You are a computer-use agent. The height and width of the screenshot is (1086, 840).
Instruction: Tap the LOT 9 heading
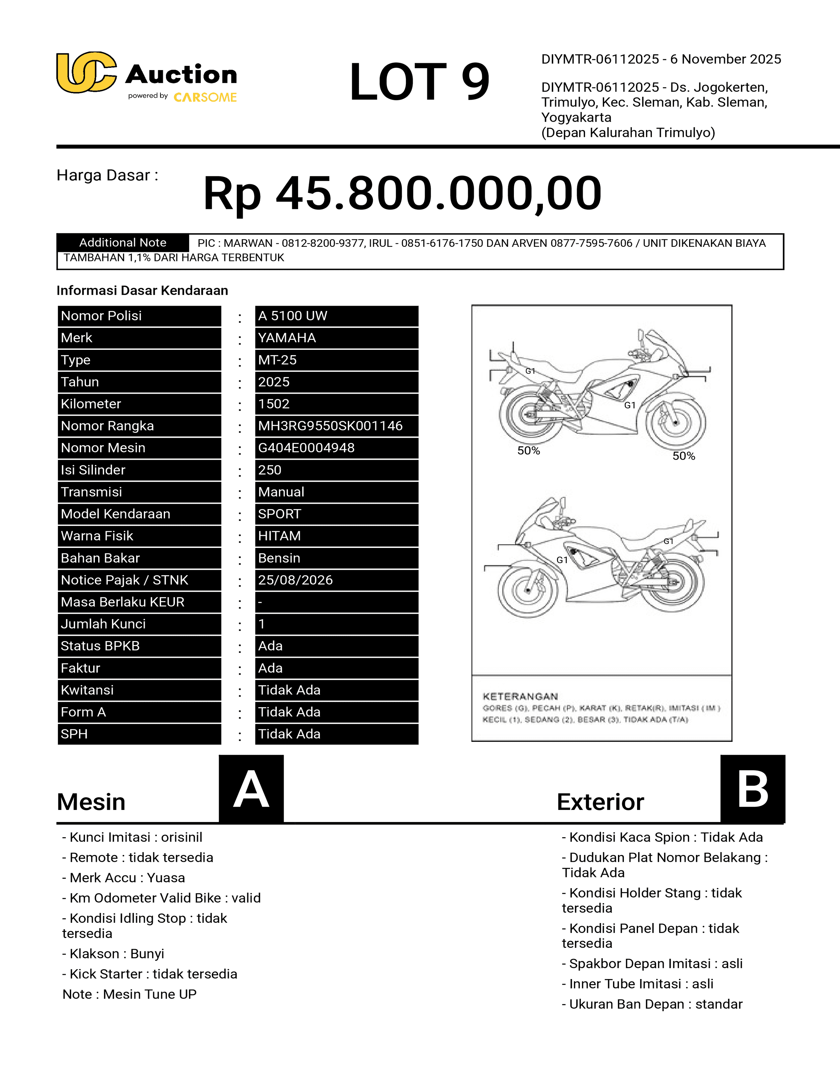(x=419, y=82)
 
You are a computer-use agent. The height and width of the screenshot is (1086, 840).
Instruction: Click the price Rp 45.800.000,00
(x=402, y=194)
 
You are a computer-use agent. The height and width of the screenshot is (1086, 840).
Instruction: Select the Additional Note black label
(x=123, y=243)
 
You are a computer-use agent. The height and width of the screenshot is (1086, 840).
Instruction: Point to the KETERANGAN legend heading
(x=520, y=696)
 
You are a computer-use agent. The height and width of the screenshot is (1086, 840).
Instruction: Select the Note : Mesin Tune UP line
(x=129, y=994)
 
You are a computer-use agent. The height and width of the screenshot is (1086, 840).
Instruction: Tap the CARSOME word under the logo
(x=205, y=97)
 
